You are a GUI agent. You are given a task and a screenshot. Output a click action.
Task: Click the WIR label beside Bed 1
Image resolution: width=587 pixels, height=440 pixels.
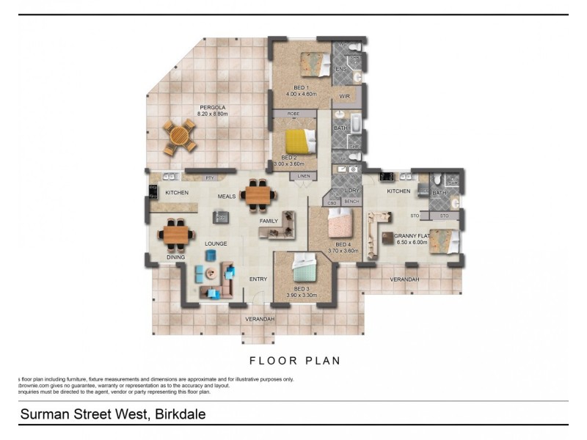(345, 96)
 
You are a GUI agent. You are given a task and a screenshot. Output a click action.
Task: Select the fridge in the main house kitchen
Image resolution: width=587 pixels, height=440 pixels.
(153, 192)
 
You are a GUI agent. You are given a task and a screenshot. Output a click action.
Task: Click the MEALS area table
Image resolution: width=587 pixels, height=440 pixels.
(258, 194)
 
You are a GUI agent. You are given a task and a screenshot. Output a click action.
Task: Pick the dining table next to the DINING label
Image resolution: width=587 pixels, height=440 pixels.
(176, 235)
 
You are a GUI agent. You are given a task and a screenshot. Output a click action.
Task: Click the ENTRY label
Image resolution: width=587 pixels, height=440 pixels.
(258, 279)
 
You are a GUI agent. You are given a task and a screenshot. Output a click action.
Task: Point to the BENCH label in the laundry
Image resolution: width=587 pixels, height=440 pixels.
(351, 202)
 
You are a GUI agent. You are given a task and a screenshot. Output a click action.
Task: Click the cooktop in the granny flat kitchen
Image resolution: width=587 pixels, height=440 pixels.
(386, 177)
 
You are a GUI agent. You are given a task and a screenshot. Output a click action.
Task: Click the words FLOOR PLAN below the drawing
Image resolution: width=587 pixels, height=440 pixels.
(294, 361)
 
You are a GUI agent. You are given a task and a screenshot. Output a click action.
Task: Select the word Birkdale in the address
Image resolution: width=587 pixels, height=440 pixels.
(179, 414)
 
